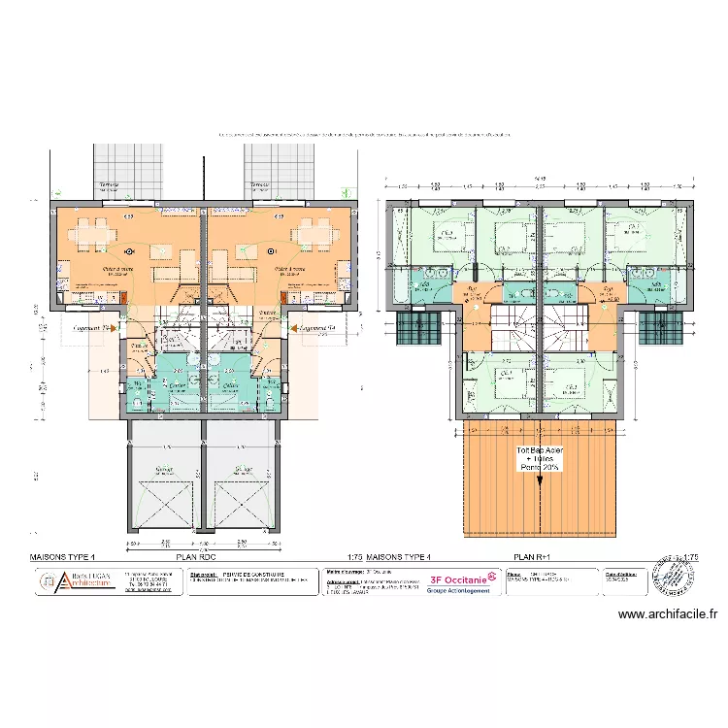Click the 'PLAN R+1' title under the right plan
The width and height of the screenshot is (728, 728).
(x=531, y=558)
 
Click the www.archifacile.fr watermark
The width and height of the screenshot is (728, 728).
(x=668, y=613)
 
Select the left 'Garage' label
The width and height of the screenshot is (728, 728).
(x=163, y=471)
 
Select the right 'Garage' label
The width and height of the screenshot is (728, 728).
(x=243, y=471)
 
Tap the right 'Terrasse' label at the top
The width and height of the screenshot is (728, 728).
(x=259, y=185)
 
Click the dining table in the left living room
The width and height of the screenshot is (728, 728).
(x=91, y=234)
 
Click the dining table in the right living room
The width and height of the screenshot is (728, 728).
(x=315, y=234)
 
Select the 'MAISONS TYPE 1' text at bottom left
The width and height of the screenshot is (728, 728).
(x=63, y=558)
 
